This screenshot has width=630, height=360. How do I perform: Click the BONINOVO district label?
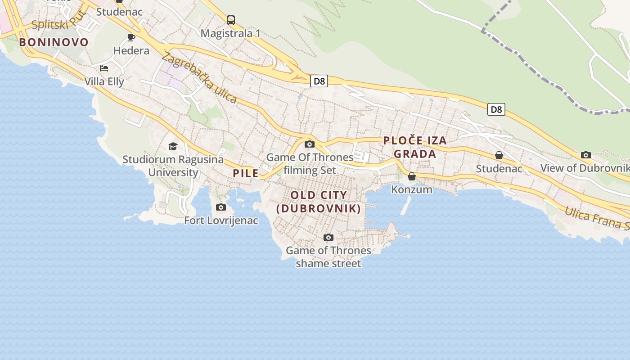[54, 42]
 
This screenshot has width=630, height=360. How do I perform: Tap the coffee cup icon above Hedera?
[131, 37]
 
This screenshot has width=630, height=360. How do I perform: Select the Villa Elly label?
[104, 81]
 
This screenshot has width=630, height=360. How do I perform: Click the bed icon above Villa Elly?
[104, 68]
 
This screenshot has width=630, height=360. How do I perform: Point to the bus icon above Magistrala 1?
[231, 20]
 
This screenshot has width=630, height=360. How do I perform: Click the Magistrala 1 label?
[230, 33]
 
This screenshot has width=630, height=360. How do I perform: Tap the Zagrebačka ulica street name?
[199, 77]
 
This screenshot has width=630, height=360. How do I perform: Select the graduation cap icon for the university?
[173, 146]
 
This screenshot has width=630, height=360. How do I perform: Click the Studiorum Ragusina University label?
[173, 166]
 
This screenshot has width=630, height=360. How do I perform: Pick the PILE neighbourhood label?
[246, 173]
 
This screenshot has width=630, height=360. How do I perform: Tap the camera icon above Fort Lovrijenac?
[220, 207]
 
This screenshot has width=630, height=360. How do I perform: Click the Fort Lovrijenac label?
[221, 220]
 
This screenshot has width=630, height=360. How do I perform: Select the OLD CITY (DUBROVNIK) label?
[319, 202]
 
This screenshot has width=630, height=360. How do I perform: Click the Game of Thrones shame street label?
[328, 256]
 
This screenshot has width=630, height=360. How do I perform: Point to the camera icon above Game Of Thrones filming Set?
[310, 144]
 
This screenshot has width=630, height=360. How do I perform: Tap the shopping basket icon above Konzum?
[412, 176]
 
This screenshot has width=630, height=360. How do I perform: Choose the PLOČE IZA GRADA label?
[415, 147]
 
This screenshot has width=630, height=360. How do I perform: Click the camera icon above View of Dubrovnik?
[585, 155]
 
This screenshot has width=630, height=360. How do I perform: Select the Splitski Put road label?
[58, 20]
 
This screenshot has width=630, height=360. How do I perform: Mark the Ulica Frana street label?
[596, 218]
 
